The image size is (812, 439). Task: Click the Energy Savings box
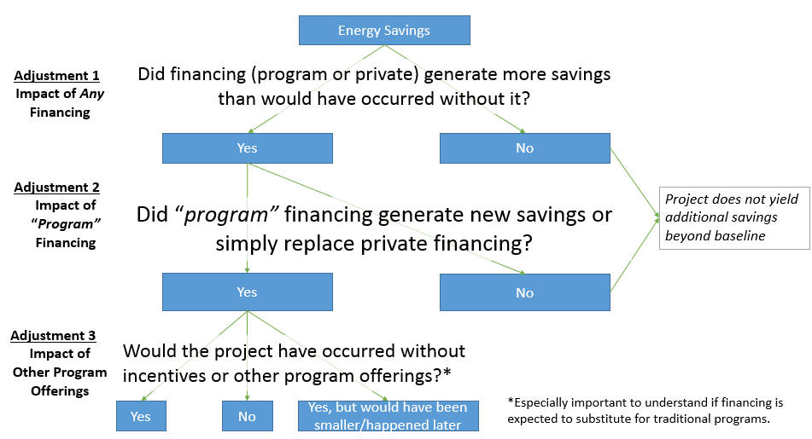[x=383, y=31]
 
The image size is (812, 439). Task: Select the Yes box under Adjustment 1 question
[x=247, y=148]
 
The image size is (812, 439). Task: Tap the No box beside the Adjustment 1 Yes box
[x=524, y=148]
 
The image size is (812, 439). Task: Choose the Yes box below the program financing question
[x=247, y=292]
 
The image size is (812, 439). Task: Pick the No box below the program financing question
[x=524, y=292]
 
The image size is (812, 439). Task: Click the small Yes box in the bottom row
[x=141, y=416]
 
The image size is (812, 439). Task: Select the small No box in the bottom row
[x=247, y=416]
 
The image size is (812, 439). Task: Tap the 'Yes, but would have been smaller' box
[x=388, y=416]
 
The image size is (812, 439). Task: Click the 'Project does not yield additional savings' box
[x=734, y=217]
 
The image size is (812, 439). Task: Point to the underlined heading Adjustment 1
[x=57, y=76]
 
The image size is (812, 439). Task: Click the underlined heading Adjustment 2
[x=57, y=188]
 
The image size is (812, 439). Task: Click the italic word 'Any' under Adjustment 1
[x=91, y=94]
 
